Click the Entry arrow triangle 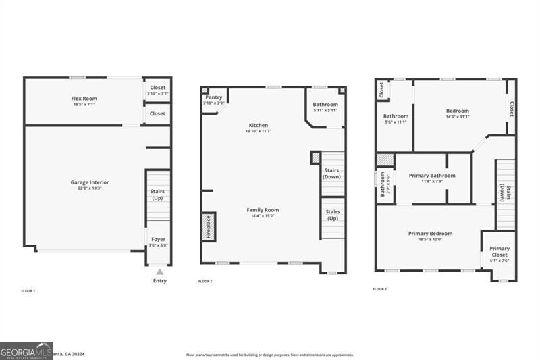point(159,272)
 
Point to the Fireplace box point(209,226)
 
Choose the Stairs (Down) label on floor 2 point(331,173)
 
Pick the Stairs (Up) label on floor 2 point(332,215)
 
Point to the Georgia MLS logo point(26,351)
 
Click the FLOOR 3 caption point(380,289)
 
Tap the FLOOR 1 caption point(28,290)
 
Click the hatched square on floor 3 point(385,159)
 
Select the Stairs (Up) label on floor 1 point(157,195)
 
